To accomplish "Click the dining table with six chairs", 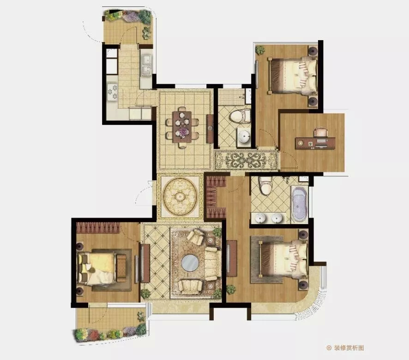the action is point(182,127).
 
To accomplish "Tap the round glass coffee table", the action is point(190,262).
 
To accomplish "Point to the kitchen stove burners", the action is point(113,92).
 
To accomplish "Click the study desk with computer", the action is point(315,143).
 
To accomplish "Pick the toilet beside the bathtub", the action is point(266,185).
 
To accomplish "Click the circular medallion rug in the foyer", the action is point(180,196).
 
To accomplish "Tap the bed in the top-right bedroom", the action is point(292,76).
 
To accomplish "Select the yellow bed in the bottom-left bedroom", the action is point(101,268).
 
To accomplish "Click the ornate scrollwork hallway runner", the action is point(246,160).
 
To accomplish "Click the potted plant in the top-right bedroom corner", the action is point(260,49).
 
